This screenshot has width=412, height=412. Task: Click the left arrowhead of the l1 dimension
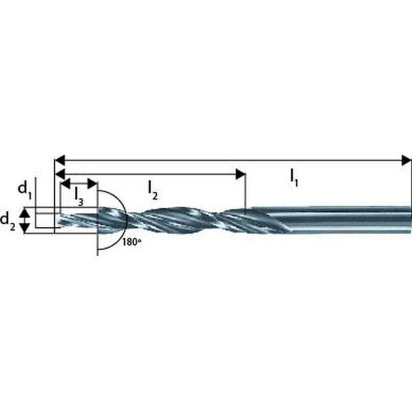coord(60,160)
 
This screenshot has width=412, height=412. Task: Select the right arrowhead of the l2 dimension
coord(239,174)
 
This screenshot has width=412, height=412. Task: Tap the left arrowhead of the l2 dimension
coord(60,174)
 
